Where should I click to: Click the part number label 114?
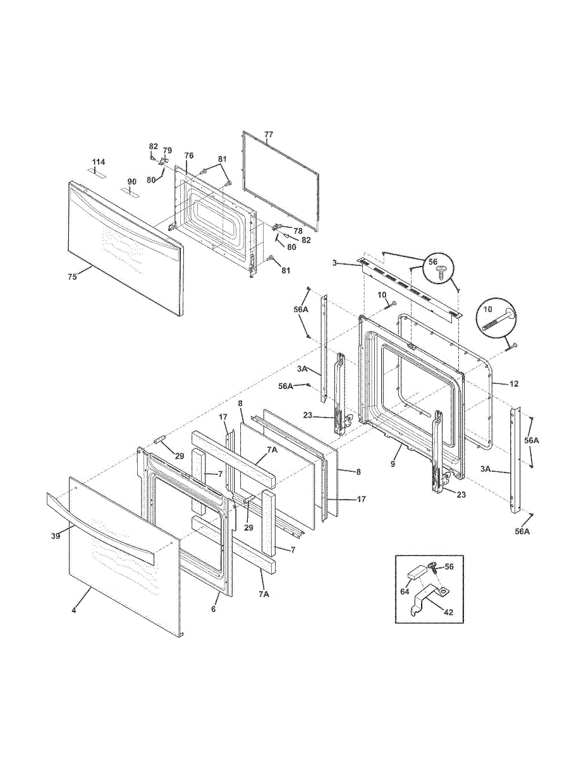coord(99,162)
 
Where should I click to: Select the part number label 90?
coord(131,182)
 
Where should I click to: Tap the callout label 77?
coord(269,135)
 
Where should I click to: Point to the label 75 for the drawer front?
coord(72,277)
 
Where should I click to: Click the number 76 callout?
coord(189,155)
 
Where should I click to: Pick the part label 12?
coord(514,384)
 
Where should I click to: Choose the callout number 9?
coord(393,464)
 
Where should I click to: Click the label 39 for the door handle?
coord(56,536)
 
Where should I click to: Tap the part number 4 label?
coord(73,620)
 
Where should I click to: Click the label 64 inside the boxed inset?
coord(405,592)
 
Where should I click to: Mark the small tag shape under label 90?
coord(130,191)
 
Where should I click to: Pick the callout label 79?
coord(167,150)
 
